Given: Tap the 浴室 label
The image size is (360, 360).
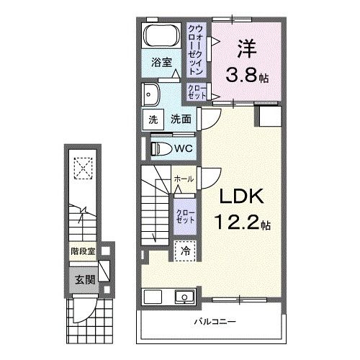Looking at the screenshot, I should [161, 63].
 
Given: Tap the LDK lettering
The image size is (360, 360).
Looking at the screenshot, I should [233, 197].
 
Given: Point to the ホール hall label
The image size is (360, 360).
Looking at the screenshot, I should [183, 179].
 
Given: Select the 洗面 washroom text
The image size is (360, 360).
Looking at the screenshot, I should [180, 120].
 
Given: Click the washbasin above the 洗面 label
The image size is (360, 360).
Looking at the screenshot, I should [153, 94].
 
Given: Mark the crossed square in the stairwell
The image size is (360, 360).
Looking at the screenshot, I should [84, 168].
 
